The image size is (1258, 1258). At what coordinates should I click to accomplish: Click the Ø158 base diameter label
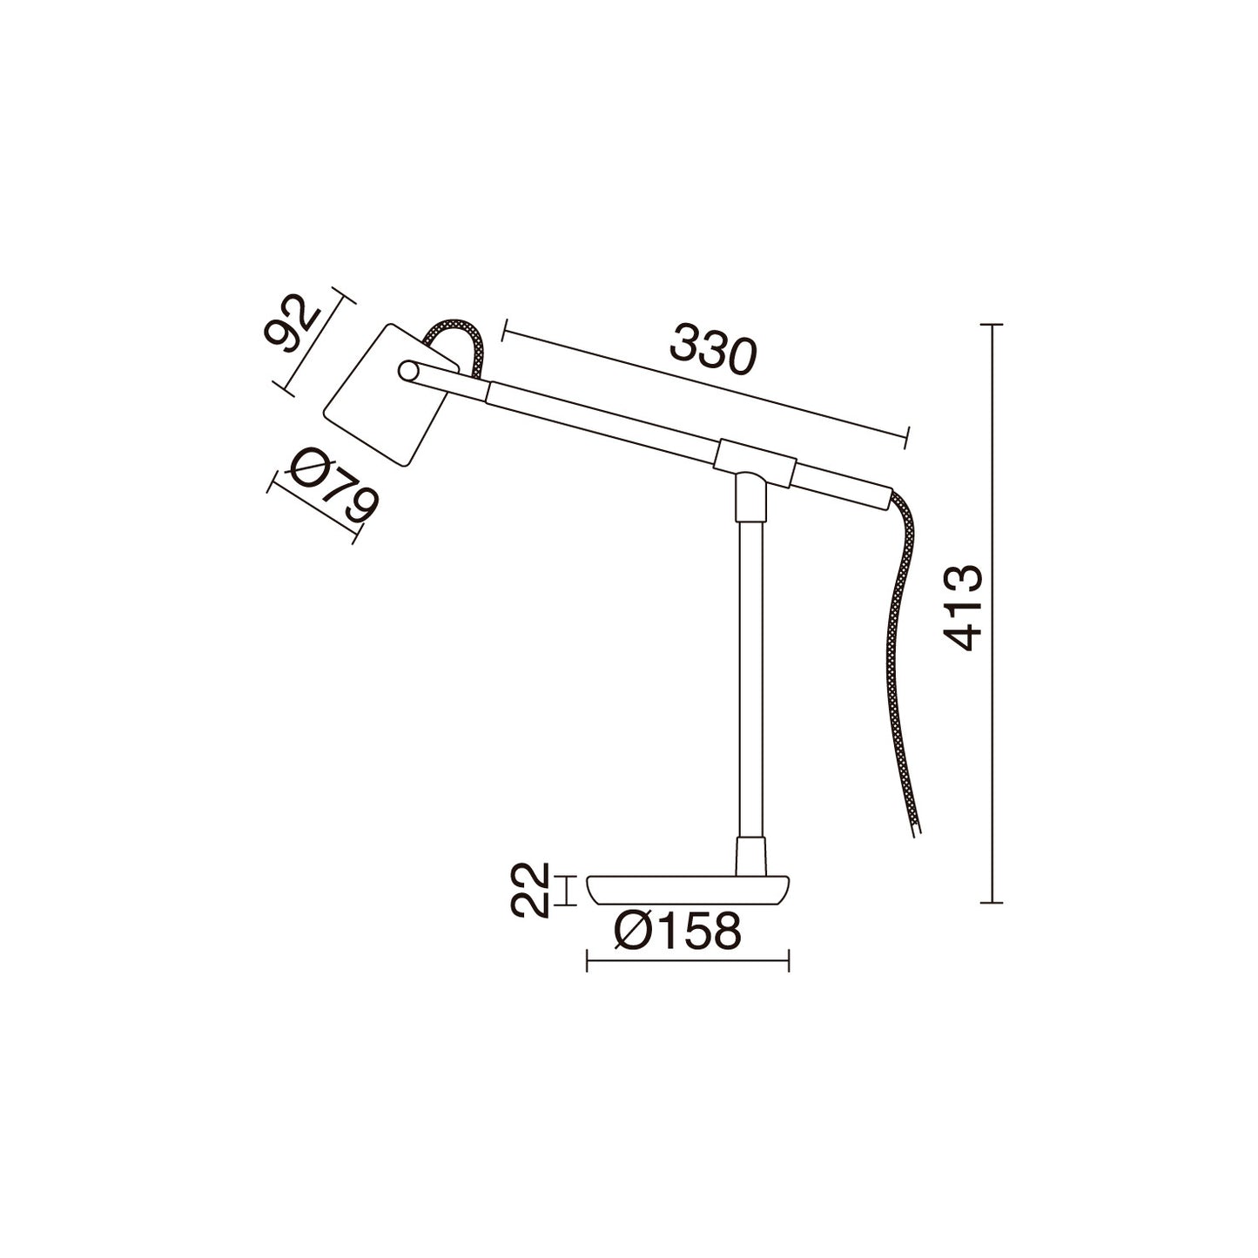[x=678, y=932]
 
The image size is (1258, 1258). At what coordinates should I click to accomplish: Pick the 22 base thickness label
[x=528, y=891]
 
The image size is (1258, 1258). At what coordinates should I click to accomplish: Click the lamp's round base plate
[x=688, y=888]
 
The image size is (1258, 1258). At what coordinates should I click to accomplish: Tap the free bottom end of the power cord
[x=917, y=831]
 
